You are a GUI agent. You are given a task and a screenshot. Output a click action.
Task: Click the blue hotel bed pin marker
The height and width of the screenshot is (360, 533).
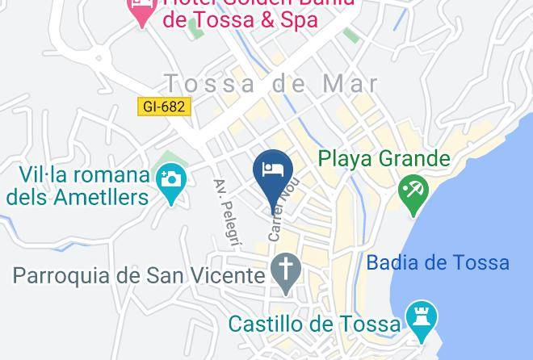(272, 170)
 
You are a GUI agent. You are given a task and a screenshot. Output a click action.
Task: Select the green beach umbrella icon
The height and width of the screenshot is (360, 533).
(413, 193)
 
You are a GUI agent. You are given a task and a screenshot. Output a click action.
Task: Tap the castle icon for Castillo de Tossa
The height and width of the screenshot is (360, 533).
(420, 318)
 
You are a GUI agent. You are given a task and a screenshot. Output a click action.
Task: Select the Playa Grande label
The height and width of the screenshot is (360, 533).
(384, 158)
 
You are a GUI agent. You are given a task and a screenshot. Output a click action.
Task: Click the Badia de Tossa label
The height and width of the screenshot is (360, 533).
(438, 262)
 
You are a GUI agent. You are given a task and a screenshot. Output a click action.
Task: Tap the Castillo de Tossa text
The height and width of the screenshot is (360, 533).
(314, 324)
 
